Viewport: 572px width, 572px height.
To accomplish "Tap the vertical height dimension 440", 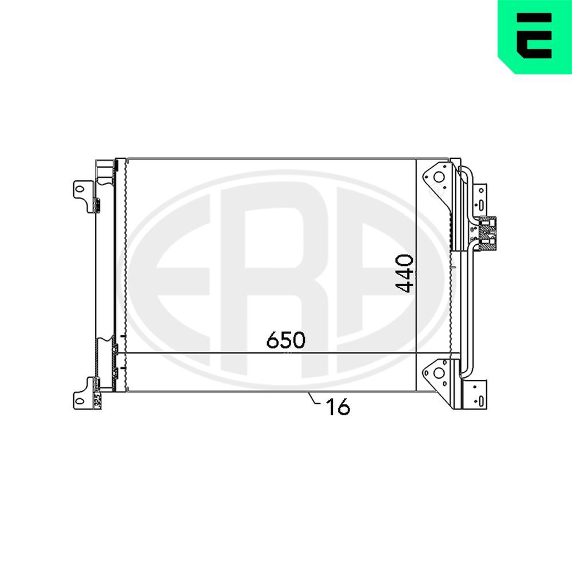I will (x=405, y=273).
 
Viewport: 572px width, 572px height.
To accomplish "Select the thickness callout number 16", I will (x=337, y=407).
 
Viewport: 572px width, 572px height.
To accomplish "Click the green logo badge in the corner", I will (x=534, y=37).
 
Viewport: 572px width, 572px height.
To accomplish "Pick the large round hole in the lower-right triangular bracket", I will (x=439, y=372).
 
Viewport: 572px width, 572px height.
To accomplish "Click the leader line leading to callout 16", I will (x=314, y=399).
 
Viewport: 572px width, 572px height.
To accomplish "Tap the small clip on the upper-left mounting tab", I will (x=96, y=203).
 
